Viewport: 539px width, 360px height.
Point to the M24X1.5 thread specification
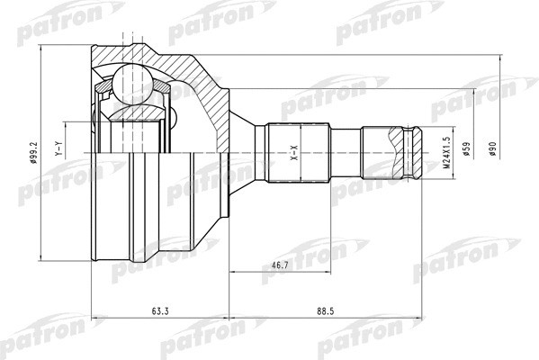445,155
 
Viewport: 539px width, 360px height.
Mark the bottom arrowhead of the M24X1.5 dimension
450,184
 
